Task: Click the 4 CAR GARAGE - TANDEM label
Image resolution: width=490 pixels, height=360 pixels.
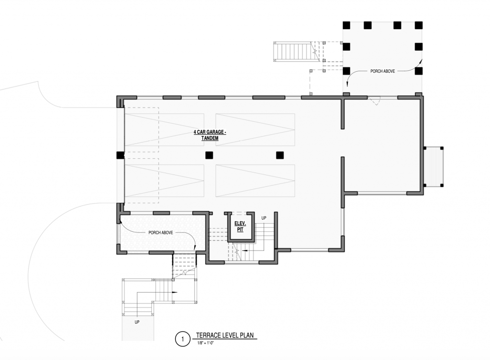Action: (210, 135)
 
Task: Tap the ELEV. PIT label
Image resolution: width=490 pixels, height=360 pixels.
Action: (240, 227)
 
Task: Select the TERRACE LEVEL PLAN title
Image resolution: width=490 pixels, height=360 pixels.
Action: (225, 335)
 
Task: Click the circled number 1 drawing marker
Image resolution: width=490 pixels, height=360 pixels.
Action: (182, 339)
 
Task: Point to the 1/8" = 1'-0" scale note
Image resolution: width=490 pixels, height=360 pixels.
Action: (205, 343)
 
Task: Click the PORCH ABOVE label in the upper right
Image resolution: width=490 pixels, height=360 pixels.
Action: (382, 71)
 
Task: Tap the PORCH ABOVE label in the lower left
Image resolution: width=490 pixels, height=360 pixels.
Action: (161, 233)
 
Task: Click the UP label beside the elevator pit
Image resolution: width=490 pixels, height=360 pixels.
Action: (264, 218)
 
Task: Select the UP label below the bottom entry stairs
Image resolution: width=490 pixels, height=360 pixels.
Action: (137, 322)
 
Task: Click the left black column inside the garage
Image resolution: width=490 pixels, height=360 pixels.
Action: (209, 155)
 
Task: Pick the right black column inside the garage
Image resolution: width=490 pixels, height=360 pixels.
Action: (279, 155)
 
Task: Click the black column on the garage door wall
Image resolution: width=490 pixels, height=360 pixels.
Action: (120, 155)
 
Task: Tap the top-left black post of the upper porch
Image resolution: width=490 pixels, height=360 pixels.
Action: (346, 25)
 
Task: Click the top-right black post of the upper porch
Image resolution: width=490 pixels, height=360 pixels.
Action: (419, 25)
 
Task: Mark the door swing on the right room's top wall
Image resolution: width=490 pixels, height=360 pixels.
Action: (374, 100)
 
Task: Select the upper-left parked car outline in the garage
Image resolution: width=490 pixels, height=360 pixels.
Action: (165, 130)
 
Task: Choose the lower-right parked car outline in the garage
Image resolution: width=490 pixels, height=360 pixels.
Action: (256, 180)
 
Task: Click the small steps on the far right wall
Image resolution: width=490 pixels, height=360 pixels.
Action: (434, 167)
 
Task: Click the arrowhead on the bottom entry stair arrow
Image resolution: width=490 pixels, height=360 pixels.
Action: (175, 292)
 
